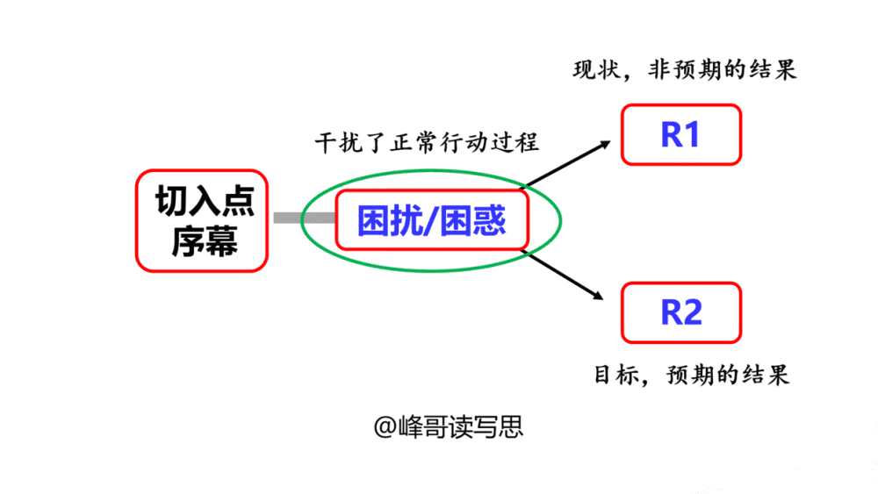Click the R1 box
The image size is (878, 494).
click(x=681, y=134)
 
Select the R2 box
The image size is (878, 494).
click(x=681, y=312)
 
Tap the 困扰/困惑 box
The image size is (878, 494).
click(x=432, y=220)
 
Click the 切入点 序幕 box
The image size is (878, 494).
click(x=202, y=220)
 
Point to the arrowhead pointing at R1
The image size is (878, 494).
click(x=605, y=145)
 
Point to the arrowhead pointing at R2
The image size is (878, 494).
click(x=598, y=295)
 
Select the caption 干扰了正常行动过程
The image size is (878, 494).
click(x=427, y=142)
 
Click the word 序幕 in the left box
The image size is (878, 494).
click(x=205, y=241)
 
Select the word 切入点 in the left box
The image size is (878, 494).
click(x=205, y=200)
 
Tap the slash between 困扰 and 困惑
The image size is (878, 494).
click(x=431, y=220)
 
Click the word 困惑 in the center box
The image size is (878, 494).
click(x=473, y=220)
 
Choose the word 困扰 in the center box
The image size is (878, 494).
click(x=391, y=220)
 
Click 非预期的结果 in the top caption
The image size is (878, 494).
click(x=723, y=70)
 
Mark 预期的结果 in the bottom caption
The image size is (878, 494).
click(x=727, y=375)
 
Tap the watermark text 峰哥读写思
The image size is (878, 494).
click(x=460, y=427)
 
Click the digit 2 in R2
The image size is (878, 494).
click(x=692, y=312)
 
